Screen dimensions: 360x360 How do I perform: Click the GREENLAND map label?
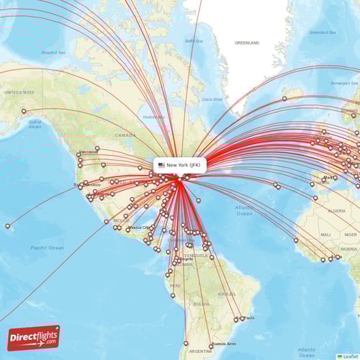click(246, 43)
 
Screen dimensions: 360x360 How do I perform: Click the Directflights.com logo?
click(34, 337)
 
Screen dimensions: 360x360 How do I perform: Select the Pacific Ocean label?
click(48, 248)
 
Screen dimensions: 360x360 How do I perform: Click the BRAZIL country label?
click(228, 294)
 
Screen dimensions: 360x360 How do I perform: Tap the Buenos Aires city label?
click(223, 344)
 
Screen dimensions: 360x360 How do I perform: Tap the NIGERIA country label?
click(348, 248)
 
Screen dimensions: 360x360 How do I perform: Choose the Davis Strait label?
click(212, 99)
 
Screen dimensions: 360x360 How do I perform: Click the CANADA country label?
click(125, 135)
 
